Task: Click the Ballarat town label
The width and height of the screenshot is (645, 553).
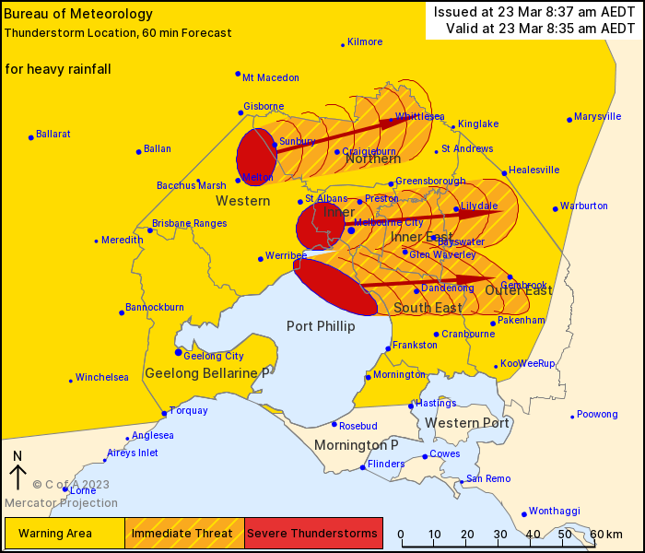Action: tap(53, 134)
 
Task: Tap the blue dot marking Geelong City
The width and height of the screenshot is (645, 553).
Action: tap(179, 352)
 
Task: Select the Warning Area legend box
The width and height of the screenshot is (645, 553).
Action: tap(64, 533)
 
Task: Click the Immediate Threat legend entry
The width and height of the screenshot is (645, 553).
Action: tap(184, 533)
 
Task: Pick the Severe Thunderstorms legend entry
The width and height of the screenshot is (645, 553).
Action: tap(313, 533)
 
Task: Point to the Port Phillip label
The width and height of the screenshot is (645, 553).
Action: tap(320, 325)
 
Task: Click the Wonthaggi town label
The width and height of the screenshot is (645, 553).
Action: tap(556, 510)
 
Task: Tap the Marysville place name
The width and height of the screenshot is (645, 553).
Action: tap(598, 117)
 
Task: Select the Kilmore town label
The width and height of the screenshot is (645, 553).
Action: tap(365, 41)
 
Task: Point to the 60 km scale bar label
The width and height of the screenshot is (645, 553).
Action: tap(606, 535)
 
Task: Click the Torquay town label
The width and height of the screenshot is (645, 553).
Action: tap(189, 410)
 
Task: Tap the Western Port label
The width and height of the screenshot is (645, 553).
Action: tap(467, 423)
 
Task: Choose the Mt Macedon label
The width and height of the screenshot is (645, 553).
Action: tap(271, 77)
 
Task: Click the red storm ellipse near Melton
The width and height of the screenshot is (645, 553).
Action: tap(257, 157)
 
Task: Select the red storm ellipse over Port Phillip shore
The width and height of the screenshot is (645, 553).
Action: tap(334, 287)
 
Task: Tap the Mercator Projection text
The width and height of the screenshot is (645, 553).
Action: tap(61, 503)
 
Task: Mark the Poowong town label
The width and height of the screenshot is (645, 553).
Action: tap(597, 414)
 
